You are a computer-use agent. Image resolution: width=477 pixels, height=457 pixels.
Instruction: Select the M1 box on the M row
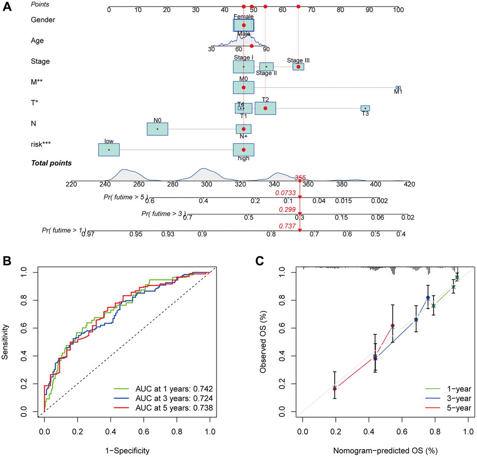coord(398,88)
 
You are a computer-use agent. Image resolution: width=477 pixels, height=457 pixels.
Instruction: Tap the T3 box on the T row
coord(365,108)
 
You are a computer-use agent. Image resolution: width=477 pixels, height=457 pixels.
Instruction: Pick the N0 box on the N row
coord(158,129)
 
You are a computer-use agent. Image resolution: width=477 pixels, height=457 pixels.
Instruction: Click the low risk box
coord(109,149)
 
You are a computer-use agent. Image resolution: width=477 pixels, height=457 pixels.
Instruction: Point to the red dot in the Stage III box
coord(298,66)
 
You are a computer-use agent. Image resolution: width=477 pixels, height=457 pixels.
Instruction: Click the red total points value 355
coord(300,178)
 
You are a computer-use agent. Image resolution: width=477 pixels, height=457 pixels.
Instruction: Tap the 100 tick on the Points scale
coord(398,9)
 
